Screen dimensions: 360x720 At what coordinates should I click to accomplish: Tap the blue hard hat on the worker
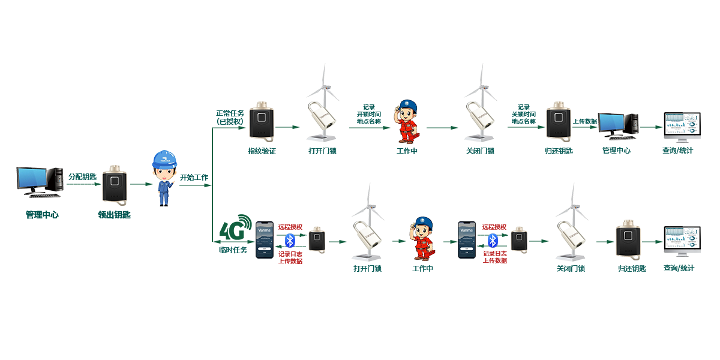click(x=163, y=158)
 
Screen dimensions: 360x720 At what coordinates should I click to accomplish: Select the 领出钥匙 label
click(x=114, y=214)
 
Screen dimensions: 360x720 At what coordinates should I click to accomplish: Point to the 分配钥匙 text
click(x=82, y=176)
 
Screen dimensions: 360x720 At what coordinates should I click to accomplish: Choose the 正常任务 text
click(x=230, y=113)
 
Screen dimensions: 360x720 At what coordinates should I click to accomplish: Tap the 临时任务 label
click(x=232, y=250)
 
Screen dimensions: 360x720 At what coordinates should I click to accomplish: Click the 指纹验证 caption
click(x=262, y=151)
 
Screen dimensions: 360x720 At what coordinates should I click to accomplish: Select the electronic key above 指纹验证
click(x=262, y=122)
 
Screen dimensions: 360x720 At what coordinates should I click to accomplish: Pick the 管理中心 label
click(x=616, y=150)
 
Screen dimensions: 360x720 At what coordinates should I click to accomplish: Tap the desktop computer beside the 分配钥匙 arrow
click(x=40, y=182)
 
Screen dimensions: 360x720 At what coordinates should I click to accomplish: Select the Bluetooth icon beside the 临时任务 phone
click(x=290, y=241)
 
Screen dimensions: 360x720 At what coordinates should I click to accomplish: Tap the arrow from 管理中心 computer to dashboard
click(x=649, y=127)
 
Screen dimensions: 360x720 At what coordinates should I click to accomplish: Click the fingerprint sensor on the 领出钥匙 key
click(x=114, y=179)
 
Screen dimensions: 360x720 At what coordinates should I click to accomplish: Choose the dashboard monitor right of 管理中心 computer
click(x=682, y=125)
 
